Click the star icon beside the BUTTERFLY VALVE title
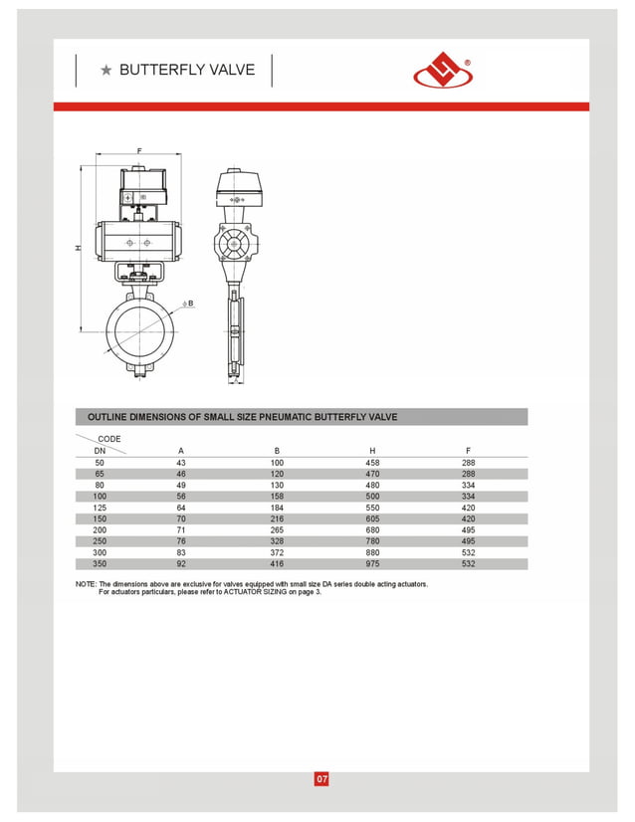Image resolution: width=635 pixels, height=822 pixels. click(x=106, y=70)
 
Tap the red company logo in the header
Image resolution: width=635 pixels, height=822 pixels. click(x=443, y=70)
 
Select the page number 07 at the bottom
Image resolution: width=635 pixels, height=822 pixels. click(x=320, y=778)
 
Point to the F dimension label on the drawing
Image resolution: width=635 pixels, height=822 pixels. click(x=139, y=150)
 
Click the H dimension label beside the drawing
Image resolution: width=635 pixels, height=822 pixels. click(x=78, y=248)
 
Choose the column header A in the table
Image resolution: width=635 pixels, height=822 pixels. click(x=180, y=451)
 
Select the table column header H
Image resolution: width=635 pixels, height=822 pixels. click(x=372, y=451)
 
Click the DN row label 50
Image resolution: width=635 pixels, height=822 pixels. click(x=99, y=463)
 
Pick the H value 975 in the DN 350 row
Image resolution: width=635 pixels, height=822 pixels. click(x=372, y=564)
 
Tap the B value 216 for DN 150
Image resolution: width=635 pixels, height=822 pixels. click(x=277, y=518)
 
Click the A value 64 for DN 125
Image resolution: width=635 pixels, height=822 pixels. click(x=180, y=508)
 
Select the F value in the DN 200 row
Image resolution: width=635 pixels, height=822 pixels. click(x=468, y=530)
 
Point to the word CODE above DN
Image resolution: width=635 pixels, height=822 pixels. click(x=109, y=439)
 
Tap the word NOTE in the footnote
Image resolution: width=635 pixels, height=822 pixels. click(x=86, y=584)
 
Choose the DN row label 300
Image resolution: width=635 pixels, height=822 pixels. click(x=99, y=552)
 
